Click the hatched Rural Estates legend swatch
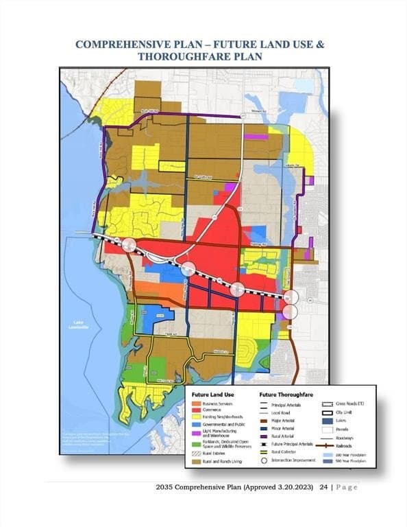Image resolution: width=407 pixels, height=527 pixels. click(196, 454)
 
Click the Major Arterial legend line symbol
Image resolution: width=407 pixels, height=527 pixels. click(264, 420)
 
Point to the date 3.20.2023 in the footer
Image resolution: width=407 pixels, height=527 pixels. click(296, 487)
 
